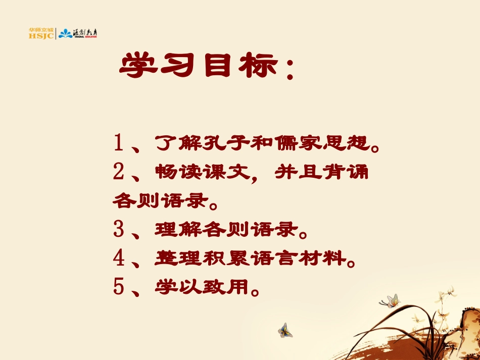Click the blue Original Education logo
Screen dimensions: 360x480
(x=78, y=34)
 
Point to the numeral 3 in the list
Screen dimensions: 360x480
(x=119, y=231)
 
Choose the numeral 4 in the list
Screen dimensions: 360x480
(x=119, y=259)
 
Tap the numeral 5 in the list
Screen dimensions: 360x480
(x=119, y=288)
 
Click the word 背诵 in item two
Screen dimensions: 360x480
(x=351, y=174)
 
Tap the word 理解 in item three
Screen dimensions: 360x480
(x=174, y=231)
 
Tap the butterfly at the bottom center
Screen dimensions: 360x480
(x=284, y=330)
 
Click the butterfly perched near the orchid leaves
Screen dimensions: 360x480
(x=390, y=301)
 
